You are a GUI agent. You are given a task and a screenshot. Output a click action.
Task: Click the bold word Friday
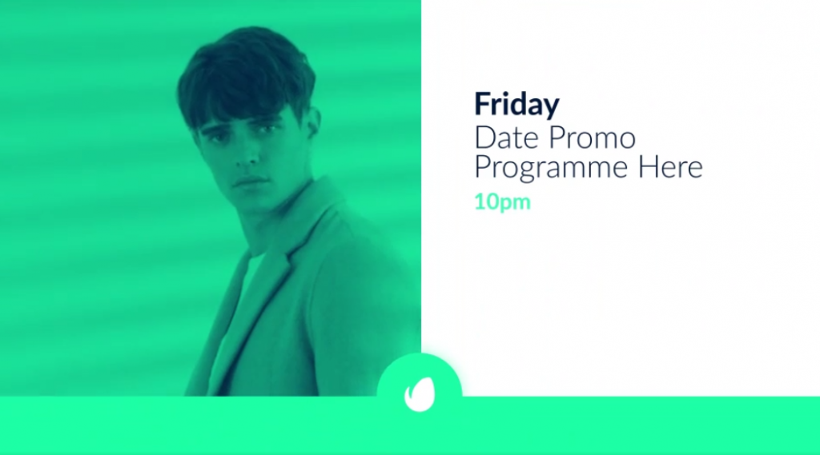coord(517,105)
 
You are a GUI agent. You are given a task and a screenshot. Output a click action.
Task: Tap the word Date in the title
coord(506,138)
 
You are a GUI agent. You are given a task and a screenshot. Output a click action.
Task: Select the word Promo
coord(592,138)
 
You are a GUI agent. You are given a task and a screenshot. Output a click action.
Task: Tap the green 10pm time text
coord(502,202)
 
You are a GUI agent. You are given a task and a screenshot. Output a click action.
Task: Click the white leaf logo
coord(420,394)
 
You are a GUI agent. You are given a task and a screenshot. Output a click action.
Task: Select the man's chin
coord(255,202)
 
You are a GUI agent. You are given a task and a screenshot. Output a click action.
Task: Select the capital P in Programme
coord(483,167)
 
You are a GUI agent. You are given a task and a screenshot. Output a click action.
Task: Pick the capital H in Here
coord(647,167)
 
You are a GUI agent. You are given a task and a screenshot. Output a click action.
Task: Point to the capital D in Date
coord(484,138)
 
